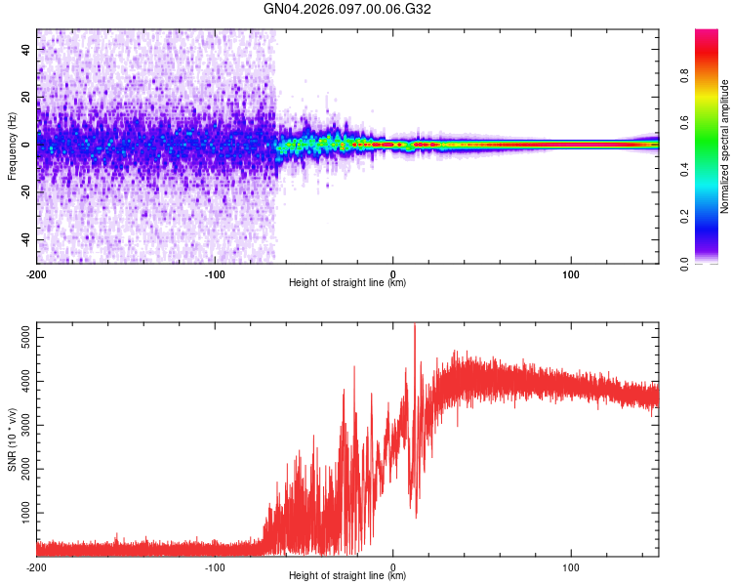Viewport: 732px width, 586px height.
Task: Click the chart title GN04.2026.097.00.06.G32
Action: [x=347, y=9]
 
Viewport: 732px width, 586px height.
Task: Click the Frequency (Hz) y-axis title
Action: [x=12, y=146]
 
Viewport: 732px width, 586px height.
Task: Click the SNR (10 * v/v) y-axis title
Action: [x=12, y=439]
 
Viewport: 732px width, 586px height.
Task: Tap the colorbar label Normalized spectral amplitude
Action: [x=724, y=146]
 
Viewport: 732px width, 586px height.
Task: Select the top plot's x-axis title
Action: [x=347, y=282]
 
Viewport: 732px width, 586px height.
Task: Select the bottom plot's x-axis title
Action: [x=347, y=575]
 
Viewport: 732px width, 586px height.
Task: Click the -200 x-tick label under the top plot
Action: [x=37, y=272]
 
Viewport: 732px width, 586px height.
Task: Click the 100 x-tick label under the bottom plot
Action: [x=571, y=565]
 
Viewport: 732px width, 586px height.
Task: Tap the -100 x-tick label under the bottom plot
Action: [x=215, y=565]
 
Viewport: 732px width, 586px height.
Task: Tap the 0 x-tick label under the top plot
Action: [x=393, y=272]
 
